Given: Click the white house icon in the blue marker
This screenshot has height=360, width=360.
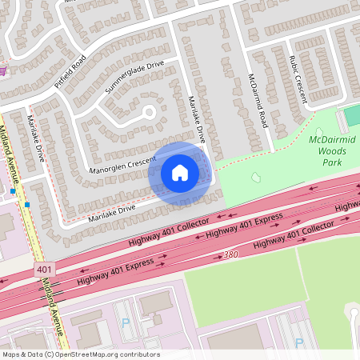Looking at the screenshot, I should [180, 172].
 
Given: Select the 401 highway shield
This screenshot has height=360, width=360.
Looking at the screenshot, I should [45, 270].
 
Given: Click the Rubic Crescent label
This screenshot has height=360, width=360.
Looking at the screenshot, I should [298, 83].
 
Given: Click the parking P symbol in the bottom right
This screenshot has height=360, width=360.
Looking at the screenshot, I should [299, 342].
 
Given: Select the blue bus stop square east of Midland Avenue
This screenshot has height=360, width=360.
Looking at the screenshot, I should [26, 204].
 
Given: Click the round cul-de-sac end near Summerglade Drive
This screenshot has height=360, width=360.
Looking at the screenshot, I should [148, 112].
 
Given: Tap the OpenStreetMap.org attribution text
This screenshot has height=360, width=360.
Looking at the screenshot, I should [80, 354].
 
